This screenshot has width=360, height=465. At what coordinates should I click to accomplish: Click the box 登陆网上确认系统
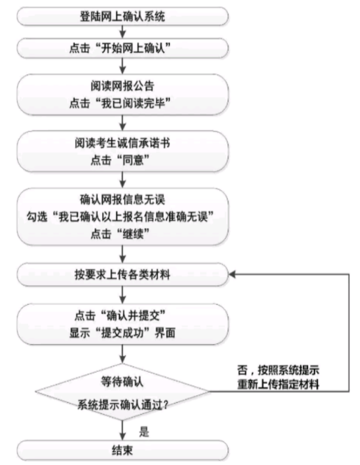pyautogui.click(x=123, y=15)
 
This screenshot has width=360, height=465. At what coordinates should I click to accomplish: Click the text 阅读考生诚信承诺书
pyautogui.click(x=123, y=143)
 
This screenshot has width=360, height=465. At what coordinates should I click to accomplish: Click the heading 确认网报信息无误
pyautogui.click(x=123, y=199)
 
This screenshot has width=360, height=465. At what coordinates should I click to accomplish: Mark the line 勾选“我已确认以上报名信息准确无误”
pyautogui.click(x=123, y=215)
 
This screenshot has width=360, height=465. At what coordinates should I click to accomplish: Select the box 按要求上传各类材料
pyautogui.click(x=123, y=275)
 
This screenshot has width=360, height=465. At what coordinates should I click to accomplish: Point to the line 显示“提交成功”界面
pyautogui.click(x=123, y=331)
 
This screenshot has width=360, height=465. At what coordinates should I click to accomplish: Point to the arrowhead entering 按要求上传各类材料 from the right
pyautogui.click(x=235, y=275)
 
